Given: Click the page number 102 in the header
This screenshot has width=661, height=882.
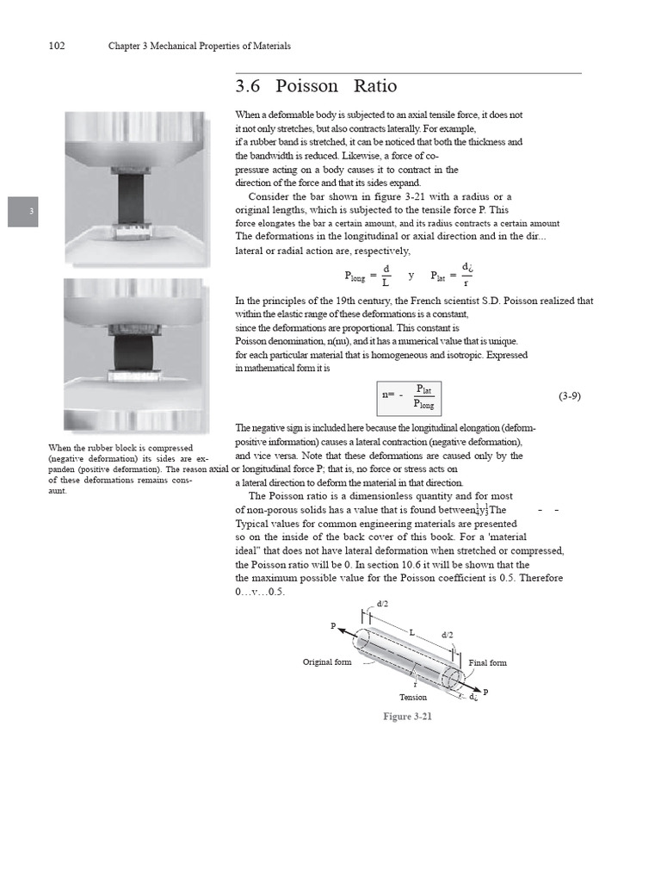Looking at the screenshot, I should pos(58,46).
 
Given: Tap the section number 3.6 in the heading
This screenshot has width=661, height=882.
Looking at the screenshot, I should pos(250,87).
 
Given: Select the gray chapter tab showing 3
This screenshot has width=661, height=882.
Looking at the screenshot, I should pos(22,212).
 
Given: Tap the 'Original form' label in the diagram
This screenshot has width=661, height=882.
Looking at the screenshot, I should pos(329,662).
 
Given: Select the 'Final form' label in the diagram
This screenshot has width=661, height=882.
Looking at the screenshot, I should pos(488,662).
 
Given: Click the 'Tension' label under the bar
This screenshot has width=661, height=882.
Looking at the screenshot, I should pos(413,697).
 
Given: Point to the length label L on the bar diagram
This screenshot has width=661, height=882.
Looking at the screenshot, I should pos(411,632).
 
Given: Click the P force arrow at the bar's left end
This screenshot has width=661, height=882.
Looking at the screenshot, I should pos(343,632).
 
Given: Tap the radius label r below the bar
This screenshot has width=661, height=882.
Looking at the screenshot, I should pos(415,685).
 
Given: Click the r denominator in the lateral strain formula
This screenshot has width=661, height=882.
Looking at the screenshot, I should pos(466,283).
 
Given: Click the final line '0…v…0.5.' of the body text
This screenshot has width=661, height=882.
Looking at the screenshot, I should pos(260,593).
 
